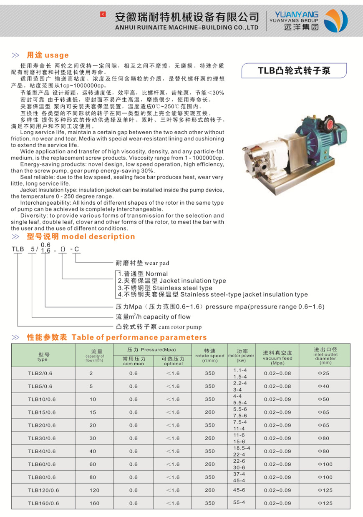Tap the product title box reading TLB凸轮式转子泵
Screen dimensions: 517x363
click(294, 71)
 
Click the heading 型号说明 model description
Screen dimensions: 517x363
click(81, 236)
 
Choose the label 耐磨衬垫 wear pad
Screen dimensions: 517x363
click(142, 263)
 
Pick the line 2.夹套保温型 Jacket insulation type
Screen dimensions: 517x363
click(172, 281)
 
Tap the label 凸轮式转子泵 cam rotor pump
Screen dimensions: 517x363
click(159, 326)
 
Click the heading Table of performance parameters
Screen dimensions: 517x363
click(139, 337)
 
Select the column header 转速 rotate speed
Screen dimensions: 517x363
click(210, 355)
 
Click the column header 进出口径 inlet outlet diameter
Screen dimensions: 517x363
click(325, 355)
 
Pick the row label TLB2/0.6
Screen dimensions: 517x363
click(40, 374)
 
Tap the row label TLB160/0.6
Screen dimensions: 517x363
click(43, 503)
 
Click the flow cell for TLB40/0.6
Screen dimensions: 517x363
click(92, 451)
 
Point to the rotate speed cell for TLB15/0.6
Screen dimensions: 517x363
click(210, 412)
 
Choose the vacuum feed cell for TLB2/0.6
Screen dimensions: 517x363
click(277, 374)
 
